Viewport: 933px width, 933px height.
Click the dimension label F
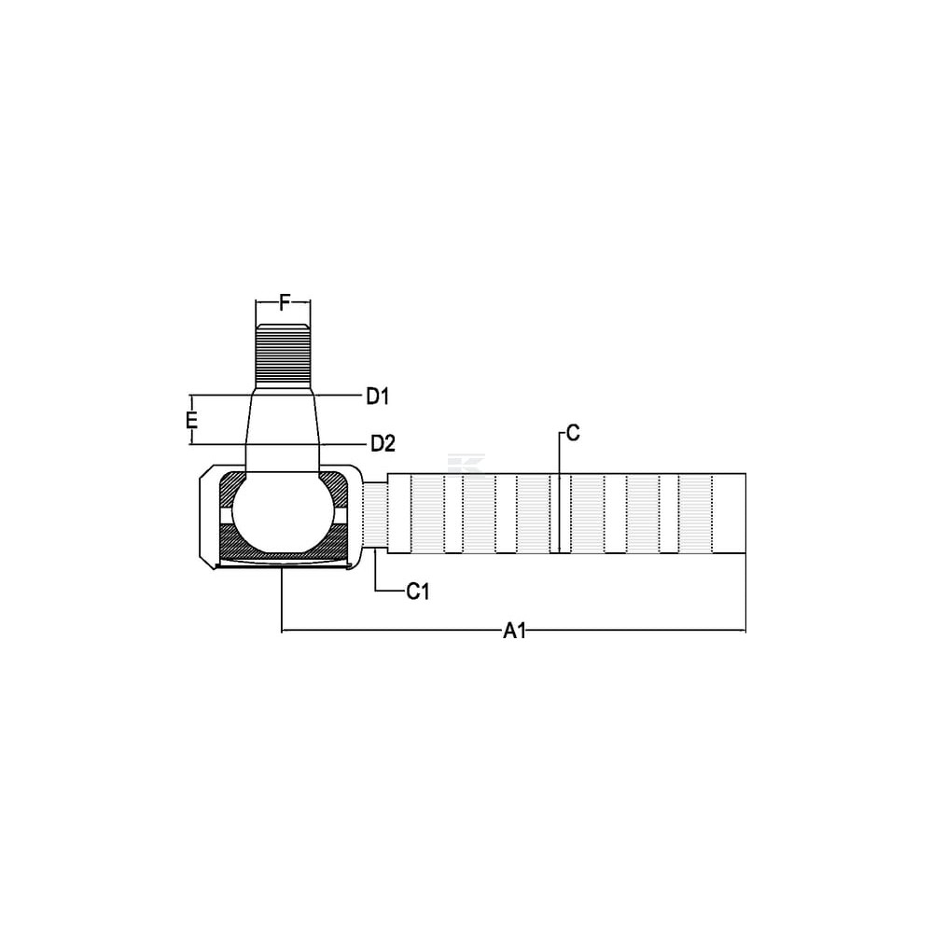[285, 303]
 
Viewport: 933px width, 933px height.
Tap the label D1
[377, 397]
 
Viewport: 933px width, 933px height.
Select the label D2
[383, 443]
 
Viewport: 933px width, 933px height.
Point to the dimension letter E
[191, 420]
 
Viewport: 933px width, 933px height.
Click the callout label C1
[418, 592]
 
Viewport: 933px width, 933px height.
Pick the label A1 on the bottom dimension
[515, 630]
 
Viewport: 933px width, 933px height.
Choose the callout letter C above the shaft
[573, 433]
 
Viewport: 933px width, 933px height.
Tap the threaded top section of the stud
[284, 355]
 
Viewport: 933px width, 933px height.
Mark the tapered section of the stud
[284, 429]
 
